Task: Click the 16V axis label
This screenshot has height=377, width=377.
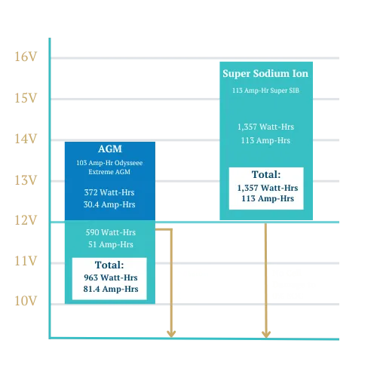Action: click(26, 57)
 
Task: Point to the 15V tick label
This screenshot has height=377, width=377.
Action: click(26, 98)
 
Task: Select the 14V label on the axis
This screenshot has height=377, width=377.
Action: click(26, 139)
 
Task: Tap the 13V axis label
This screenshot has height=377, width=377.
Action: click(26, 180)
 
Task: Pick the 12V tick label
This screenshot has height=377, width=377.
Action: click(26, 220)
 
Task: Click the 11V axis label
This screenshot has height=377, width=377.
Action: click(26, 261)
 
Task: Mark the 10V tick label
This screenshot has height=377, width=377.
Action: click(26, 301)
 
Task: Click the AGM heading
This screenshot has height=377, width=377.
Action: click(110, 149)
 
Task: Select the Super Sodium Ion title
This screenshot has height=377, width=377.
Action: click(265, 74)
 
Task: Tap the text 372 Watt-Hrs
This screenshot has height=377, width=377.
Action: click(109, 192)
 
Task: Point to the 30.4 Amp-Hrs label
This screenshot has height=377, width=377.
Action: click(109, 204)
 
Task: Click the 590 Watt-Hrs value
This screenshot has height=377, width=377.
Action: click(111, 232)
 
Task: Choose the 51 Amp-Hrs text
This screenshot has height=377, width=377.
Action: click(111, 244)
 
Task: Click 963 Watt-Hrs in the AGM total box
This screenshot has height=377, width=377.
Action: click(111, 277)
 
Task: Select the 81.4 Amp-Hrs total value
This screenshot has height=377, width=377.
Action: click(111, 289)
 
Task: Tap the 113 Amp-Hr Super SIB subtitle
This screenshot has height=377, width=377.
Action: click(265, 90)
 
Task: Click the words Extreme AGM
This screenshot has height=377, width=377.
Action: click(109, 172)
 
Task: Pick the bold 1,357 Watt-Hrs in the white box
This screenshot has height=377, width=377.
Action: click(268, 188)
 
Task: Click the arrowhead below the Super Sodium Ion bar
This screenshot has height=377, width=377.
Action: click(266, 334)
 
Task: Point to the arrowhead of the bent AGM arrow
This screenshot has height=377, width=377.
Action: click(171, 334)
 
